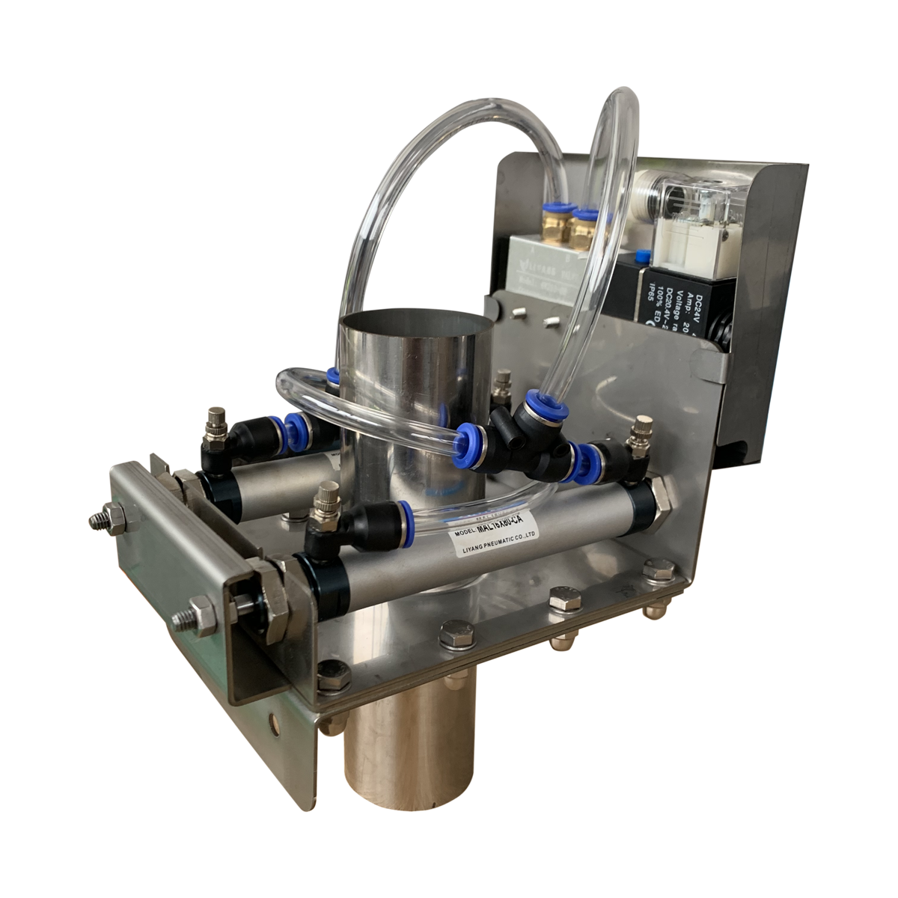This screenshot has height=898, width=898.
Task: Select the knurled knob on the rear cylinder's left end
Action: click(217, 419)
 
